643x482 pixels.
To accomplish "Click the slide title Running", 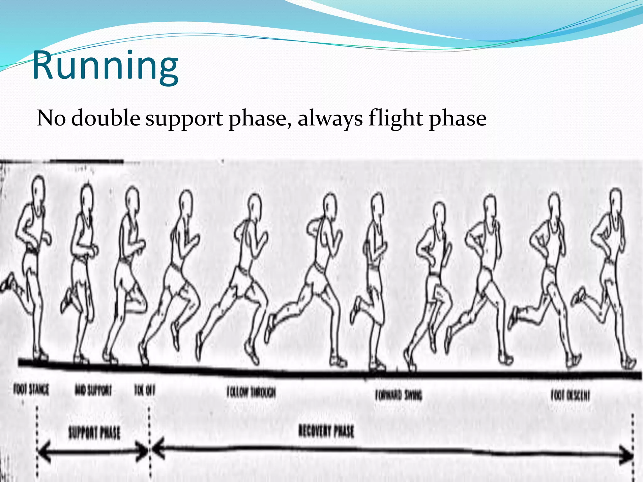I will point(105,66).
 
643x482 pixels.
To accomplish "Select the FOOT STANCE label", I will point(31,390).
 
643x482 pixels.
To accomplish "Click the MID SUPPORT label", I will point(93,391).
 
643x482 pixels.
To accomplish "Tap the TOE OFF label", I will point(145,391).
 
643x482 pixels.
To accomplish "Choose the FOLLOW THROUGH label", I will point(251,392).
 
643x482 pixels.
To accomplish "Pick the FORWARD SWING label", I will point(399,395).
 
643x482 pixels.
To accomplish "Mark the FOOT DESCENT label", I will point(570,395).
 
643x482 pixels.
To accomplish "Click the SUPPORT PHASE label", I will point(94,433).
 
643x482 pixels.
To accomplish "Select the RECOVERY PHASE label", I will point(326,431).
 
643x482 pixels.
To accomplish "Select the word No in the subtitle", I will point(51,119).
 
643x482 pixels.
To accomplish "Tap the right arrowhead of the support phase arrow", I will point(143,451).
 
